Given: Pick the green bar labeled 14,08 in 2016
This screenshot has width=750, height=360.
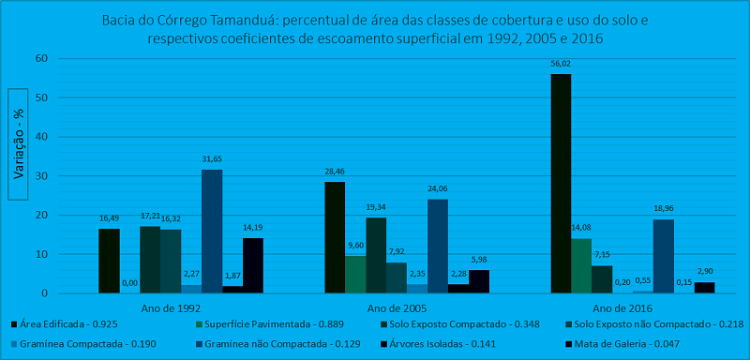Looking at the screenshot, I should pos(581,265).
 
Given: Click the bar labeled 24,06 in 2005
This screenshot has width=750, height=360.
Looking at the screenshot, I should pos(438,246).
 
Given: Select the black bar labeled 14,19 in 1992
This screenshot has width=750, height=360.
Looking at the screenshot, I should pos(253,265).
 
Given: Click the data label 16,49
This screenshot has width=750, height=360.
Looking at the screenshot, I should pos(110,218).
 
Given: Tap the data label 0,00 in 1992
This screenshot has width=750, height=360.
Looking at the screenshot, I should pos(130,283).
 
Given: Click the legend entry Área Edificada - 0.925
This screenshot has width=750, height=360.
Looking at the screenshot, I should pos(64,325).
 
